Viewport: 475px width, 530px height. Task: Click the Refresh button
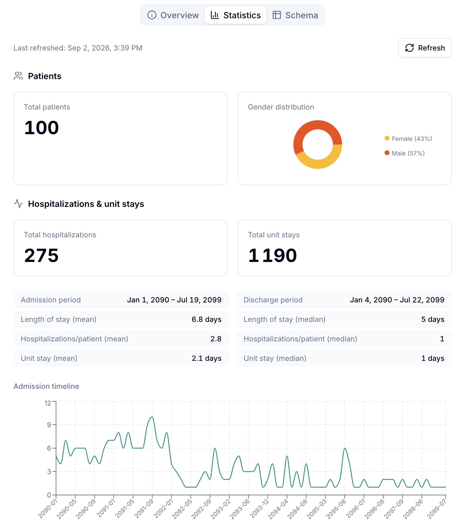click(x=425, y=48)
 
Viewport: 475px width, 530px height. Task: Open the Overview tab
click(x=173, y=15)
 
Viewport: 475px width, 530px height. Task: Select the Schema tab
click(x=295, y=15)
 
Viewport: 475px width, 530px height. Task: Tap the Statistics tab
click(x=236, y=15)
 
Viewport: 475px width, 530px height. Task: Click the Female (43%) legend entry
click(x=408, y=139)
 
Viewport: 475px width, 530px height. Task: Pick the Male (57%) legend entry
click(x=405, y=153)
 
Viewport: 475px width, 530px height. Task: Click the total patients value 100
click(x=41, y=127)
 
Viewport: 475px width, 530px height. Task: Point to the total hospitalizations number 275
click(x=41, y=255)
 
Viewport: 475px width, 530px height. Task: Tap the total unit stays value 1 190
click(x=273, y=255)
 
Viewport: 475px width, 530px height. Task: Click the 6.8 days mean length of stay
click(x=206, y=319)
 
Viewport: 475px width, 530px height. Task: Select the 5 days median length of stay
click(x=433, y=319)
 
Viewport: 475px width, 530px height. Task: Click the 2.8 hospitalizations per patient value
click(x=216, y=339)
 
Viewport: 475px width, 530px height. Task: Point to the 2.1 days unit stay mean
click(x=206, y=358)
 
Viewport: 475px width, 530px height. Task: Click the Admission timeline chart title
click(x=46, y=386)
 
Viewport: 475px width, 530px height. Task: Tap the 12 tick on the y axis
click(x=48, y=403)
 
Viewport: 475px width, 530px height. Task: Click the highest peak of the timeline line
click(x=152, y=417)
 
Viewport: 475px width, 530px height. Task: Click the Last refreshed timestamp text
click(x=78, y=48)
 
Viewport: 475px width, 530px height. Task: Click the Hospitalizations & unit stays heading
click(x=86, y=204)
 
